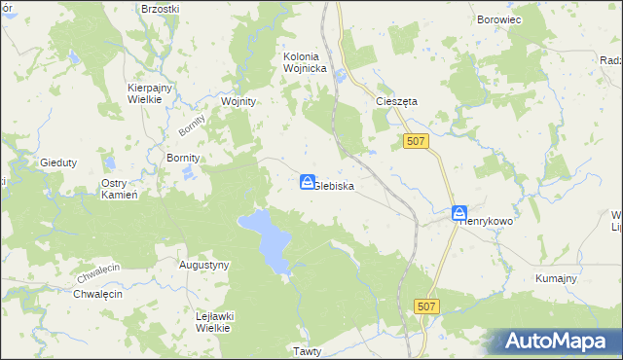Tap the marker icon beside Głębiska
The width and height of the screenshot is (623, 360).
(307, 182)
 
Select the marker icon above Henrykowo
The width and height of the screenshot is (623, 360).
(459, 213)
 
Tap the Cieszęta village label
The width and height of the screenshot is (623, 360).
(396, 100)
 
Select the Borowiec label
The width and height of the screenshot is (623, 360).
(500, 18)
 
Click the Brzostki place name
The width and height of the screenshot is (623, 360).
(160, 8)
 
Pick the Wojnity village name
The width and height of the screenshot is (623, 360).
(238, 101)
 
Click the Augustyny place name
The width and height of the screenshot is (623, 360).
(204, 265)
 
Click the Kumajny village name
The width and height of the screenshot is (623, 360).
(556, 278)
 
